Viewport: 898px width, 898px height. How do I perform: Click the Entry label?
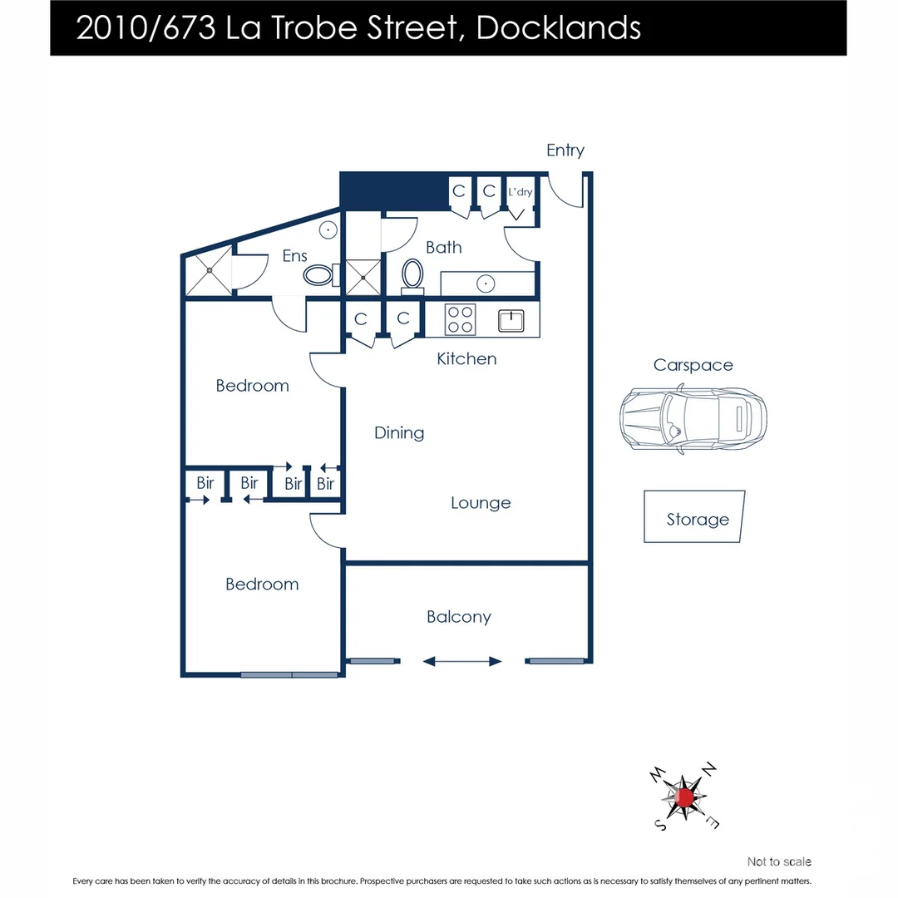[565, 150]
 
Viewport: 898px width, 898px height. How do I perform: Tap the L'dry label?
[521, 192]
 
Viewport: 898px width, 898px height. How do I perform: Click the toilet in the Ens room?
[318, 274]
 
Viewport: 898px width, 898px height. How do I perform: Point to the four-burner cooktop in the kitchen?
[461, 319]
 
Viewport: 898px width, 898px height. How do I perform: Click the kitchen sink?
[512, 320]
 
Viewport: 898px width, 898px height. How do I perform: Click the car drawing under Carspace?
[693, 419]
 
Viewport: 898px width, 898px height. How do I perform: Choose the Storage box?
[694, 517]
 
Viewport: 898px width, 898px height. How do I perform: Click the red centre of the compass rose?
[685, 797]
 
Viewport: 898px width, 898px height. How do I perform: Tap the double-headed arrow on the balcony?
[462, 662]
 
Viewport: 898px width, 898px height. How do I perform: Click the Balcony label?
[459, 617]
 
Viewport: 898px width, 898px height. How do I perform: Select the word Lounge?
[481, 503]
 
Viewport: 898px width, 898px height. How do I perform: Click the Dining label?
[399, 432]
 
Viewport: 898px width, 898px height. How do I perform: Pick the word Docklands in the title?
[559, 28]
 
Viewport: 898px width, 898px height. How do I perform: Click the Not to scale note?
[779, 861]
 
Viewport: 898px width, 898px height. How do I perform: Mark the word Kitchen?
[467, 359]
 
